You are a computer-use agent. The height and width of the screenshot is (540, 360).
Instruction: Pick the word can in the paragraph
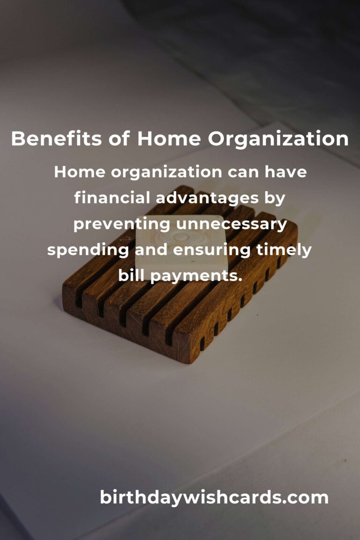(x=243, y=172)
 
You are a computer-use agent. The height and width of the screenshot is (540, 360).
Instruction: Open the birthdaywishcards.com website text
(x=214, y=497)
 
